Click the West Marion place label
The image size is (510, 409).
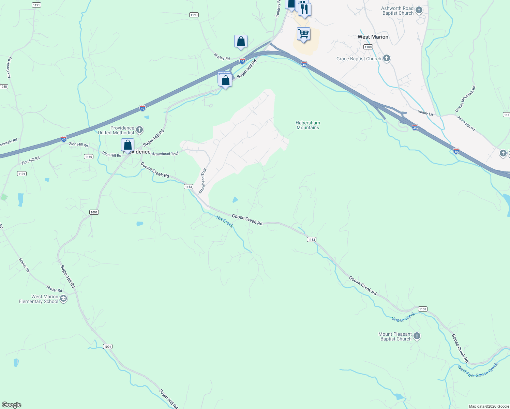373,37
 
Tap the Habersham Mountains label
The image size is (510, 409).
307,125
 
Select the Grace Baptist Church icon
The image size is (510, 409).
386,58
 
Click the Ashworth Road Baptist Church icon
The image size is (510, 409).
419,10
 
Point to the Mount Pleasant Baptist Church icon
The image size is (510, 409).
417,336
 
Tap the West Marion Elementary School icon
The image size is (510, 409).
63,299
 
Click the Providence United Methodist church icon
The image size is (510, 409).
139,130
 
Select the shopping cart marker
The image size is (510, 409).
303,34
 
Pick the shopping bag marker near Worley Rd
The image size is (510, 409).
241,42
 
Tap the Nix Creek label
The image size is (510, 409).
225,222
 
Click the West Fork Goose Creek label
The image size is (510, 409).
478,370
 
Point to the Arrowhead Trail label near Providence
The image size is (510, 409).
165,154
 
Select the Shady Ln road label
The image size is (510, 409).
425,112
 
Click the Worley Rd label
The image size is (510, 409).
222,57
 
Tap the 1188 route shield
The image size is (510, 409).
368,47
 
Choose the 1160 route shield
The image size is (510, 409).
88,157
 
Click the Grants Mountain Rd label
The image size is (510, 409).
465,99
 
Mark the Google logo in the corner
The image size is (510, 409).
12,405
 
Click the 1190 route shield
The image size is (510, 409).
194,15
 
